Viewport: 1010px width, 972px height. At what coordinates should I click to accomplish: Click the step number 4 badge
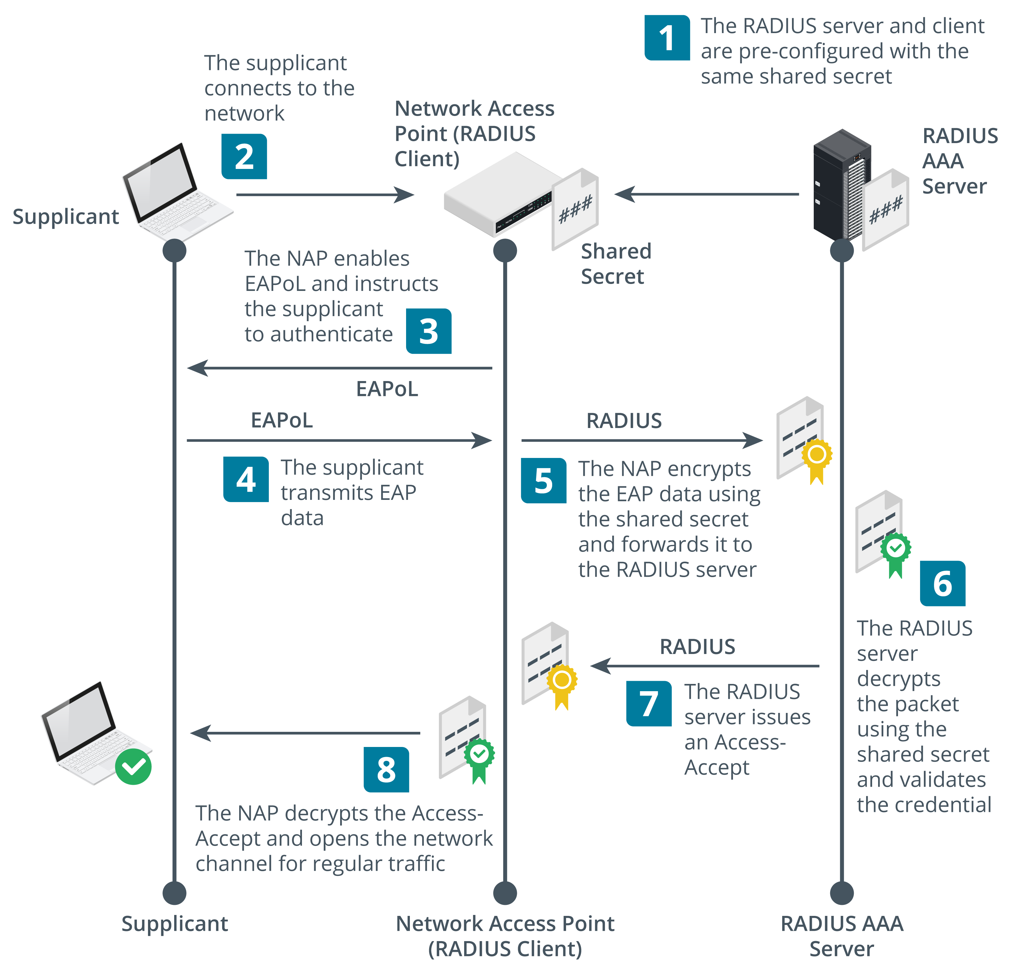246,479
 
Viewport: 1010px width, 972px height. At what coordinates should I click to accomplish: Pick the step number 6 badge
942,583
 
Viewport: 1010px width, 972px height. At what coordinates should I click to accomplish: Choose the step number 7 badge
649,703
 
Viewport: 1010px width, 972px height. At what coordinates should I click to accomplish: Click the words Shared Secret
616,263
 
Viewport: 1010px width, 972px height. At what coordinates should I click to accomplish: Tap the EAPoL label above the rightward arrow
281,420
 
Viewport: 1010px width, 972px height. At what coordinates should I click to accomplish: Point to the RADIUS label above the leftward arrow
697,647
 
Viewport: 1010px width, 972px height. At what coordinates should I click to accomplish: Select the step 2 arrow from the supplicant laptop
325,194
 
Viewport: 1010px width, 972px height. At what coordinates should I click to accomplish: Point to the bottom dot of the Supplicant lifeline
174,893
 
